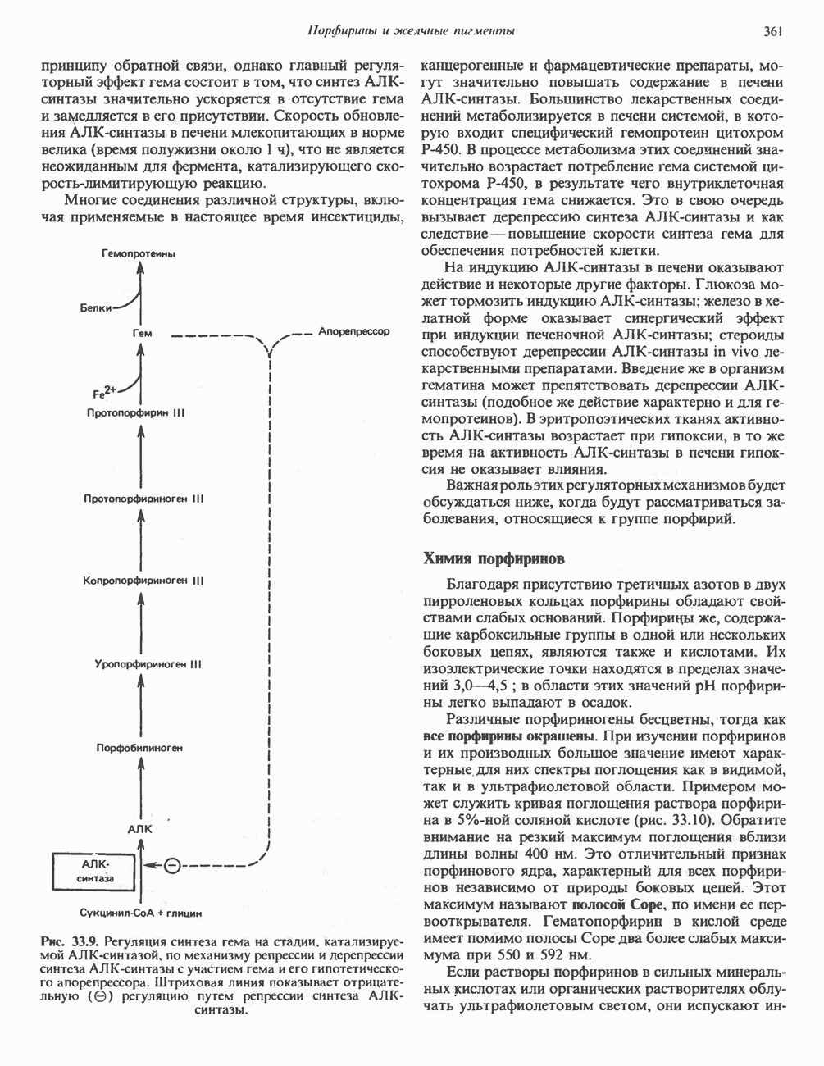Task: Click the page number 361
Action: (x=773, y=32)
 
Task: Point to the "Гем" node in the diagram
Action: (x=141, y=334)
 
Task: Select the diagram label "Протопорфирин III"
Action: (x=135, y=412)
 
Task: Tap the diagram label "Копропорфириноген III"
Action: (x=143, y=581)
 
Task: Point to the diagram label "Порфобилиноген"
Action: (x=139, y=748)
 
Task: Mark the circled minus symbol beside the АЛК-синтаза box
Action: (x=171, y=865)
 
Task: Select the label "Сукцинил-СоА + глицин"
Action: (x=141, y=912)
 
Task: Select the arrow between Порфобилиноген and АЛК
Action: (x=142, y=789)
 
